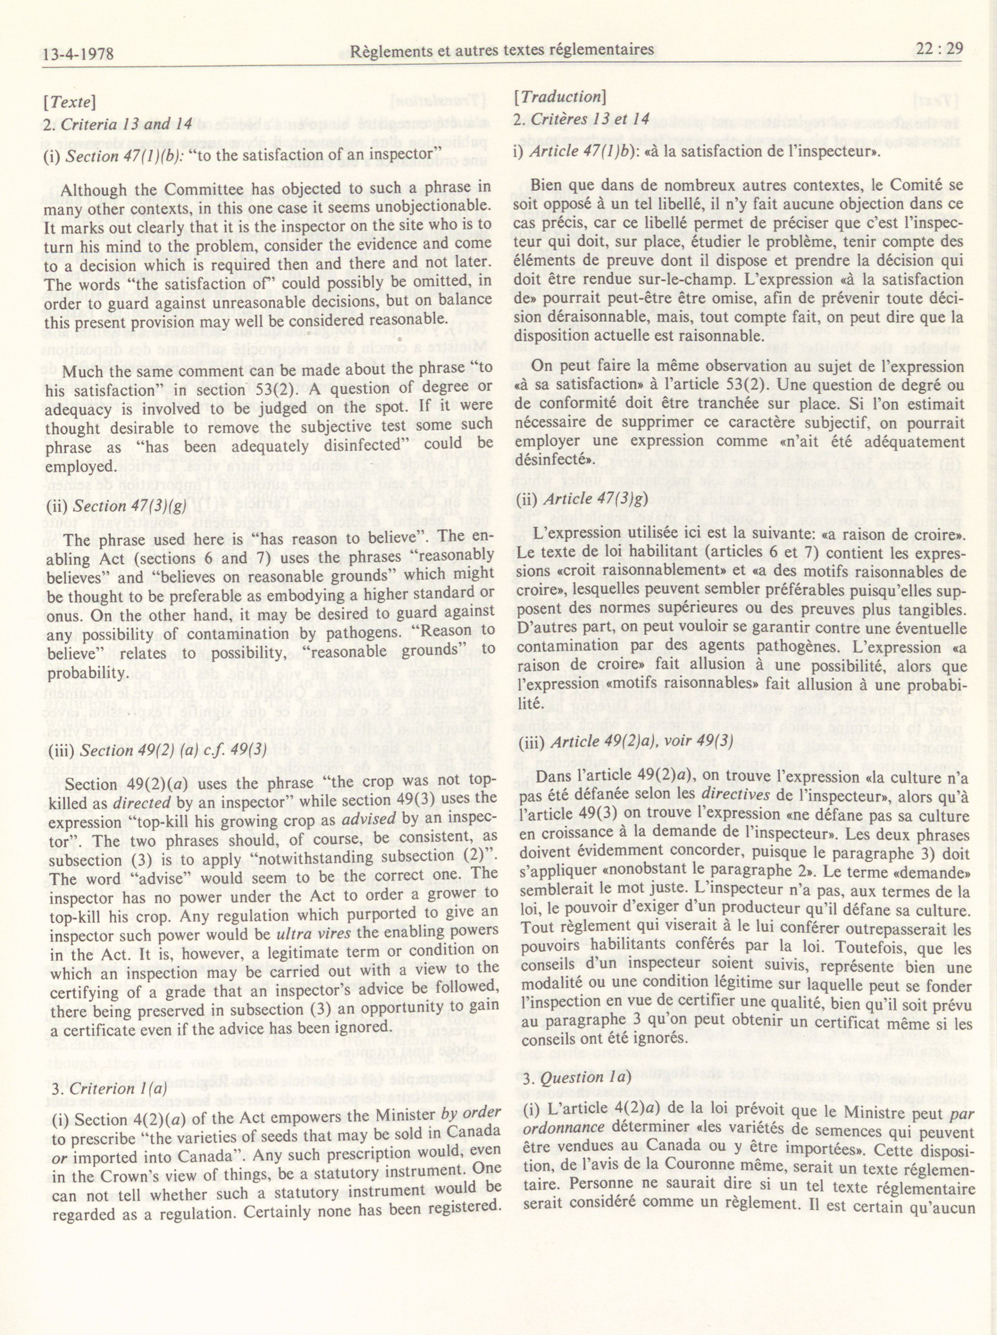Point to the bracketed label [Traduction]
[559, 97]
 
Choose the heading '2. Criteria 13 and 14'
[118, 124]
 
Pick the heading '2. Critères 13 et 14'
[581, 118]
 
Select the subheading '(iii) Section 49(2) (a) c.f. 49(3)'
[156, 750]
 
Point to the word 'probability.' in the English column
[88, 673]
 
